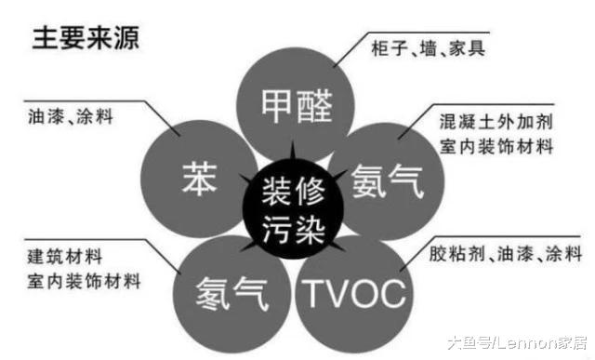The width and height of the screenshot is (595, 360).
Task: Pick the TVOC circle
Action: pos(354,294)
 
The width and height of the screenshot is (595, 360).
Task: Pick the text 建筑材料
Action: pos(64,254)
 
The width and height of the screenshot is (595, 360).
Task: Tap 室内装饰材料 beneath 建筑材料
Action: pos(83,279)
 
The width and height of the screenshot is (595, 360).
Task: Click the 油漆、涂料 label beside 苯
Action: pos(71,118)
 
